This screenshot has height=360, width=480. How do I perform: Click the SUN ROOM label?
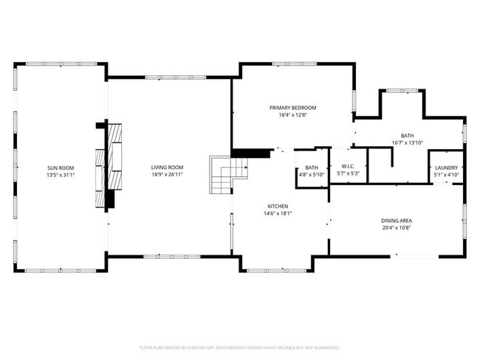pos(61,167)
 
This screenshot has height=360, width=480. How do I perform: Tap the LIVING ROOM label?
pos(167,167)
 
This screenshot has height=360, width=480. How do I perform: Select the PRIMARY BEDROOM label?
pos(292,108)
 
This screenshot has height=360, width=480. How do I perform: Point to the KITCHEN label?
pos(278,206)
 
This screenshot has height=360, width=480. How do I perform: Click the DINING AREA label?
pos(397,221)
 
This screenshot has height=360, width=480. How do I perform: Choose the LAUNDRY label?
pos(446,167)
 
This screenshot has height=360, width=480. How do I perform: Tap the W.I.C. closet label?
pos(348,167)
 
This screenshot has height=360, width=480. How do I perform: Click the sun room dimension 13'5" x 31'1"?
pos(61,176)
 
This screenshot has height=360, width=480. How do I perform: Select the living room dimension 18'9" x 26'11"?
pos(167,176)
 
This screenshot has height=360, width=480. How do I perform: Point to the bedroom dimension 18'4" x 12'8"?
pos(292,116)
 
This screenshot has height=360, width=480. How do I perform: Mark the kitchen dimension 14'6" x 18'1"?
pos(278,214)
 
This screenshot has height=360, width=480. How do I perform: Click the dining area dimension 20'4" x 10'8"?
pos(397,229)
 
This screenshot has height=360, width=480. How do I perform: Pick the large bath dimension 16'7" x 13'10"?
pos(408,143)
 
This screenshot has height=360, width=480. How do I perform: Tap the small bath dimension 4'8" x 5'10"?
pos(312,176)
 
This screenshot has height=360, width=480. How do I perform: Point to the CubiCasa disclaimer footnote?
pos(239,347)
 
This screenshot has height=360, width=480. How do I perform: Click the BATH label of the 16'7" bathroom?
pos(408,135)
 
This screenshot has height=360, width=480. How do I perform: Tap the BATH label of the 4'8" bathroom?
pos(312,167)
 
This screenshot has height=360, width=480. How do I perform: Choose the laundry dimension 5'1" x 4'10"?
pos(446,176)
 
